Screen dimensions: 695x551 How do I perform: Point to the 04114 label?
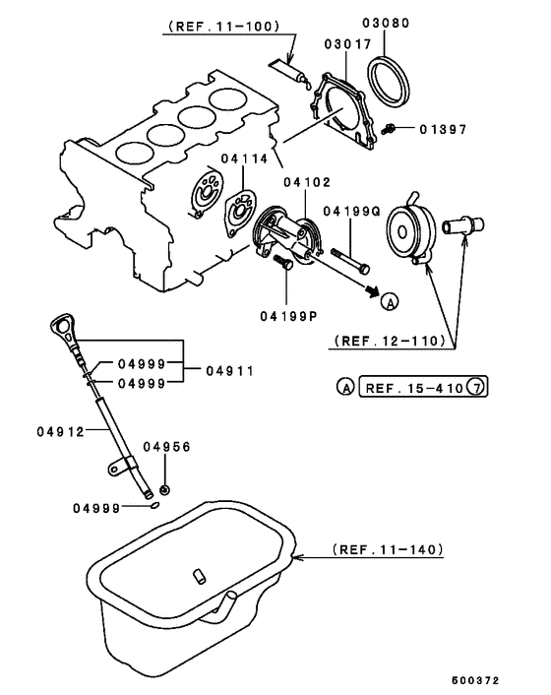[x=239, y=159]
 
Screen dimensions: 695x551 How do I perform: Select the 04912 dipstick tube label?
[x=59, y=431]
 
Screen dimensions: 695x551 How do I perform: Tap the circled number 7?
[x=475, y=388]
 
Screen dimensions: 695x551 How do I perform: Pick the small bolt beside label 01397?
[x=391, y=129]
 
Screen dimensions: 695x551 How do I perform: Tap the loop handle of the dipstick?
[x=63, y=324]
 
